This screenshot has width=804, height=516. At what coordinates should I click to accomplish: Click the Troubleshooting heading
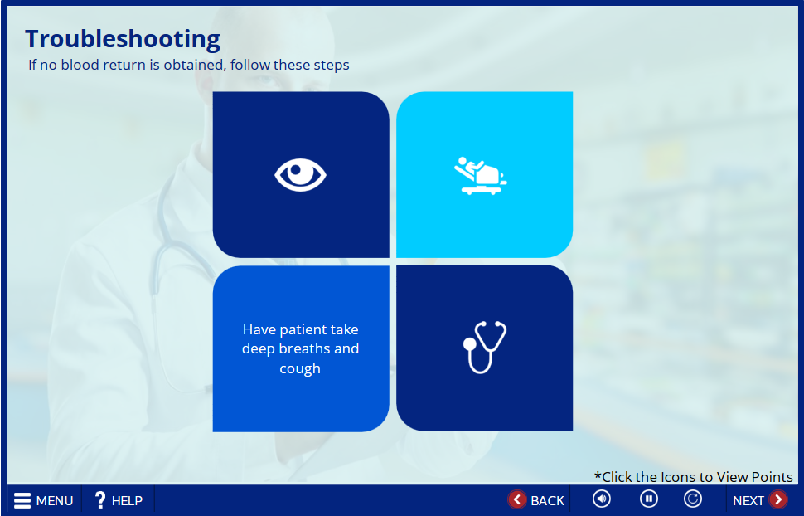point(123,40)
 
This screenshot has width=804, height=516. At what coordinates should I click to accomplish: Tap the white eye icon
point(301,175)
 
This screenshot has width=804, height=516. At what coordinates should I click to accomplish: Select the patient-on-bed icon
point(481,176)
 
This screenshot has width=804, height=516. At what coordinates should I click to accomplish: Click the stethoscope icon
point(485,347)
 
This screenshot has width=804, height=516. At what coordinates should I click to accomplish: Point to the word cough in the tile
point(300,369)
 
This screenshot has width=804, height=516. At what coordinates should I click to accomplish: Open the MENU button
point(44,500)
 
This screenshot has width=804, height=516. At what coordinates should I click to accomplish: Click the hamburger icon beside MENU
point(22,500)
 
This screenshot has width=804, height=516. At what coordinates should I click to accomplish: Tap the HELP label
point(127,500)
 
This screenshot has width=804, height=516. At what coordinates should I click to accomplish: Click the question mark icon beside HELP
point(100,500)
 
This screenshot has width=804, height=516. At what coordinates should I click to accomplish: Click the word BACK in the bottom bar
point(547,500)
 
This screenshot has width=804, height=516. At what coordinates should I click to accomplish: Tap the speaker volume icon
point(602,499)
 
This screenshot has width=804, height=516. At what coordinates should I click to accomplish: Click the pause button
point(649,499)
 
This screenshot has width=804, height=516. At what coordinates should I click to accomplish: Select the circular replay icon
point(693,499)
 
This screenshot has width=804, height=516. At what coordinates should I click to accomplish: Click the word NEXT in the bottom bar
point(748,500)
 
